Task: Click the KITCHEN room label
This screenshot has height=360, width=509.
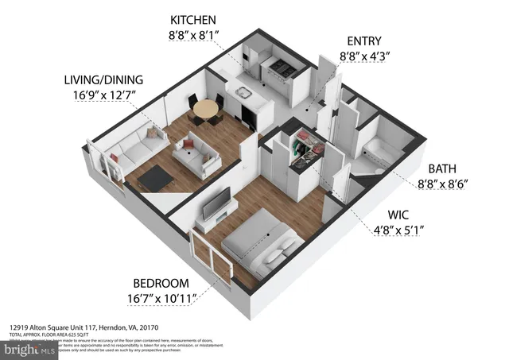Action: point(192,18)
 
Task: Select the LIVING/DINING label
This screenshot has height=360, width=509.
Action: point(104,79)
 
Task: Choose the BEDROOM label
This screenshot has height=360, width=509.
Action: point(161,283)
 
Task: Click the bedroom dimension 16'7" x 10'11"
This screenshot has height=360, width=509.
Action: point(161,299)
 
